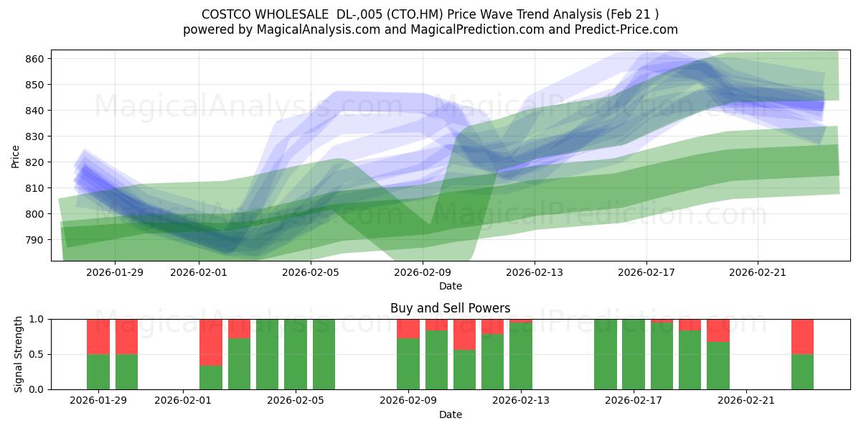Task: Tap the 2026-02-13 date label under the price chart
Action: click(x=534, y=272)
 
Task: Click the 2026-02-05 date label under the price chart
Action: click(x=310, y=272)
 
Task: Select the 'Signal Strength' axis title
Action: click(x=19, y=353)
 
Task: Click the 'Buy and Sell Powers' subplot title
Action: click(x=450, y=308)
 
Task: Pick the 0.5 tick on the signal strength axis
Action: click(x=36, y=354)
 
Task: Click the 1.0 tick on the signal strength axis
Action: click(x=36, y=319)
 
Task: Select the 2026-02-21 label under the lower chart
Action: click(x=746, y=400)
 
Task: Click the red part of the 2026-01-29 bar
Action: click(x=98, y=336)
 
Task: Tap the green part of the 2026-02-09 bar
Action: click(x=408, y=363)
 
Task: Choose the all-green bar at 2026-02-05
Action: click(x=296, y=354)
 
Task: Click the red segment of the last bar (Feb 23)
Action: click(x=802, y=336)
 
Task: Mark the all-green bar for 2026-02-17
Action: click(x=634, y=354)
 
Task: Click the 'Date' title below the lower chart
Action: click(x=450, y=414)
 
